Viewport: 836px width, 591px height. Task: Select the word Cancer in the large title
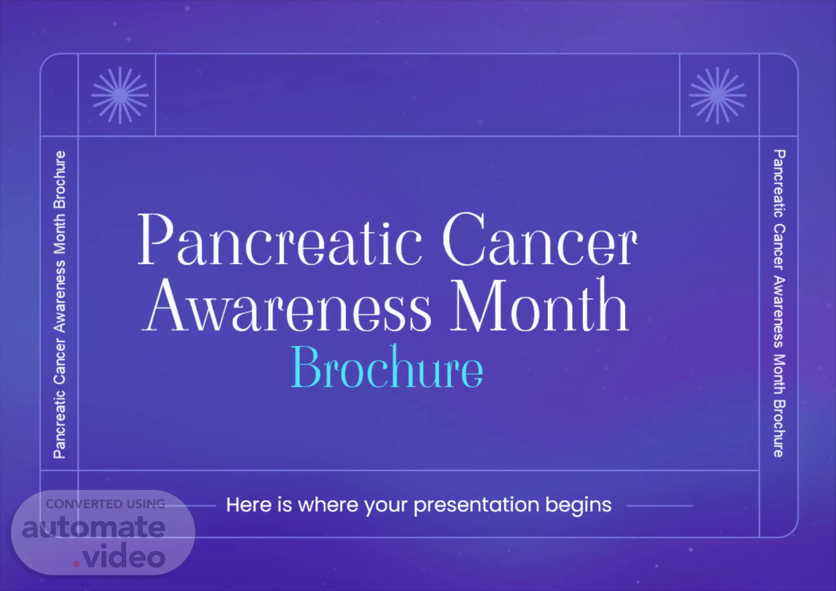pos(539,239)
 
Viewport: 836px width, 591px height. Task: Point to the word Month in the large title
pos(539,305)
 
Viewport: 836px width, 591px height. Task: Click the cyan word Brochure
pos(387,367)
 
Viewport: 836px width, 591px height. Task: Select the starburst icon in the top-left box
pos(120,95)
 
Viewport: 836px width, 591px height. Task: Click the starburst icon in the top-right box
pos(717,95)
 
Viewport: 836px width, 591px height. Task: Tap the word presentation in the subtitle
pos(477,506)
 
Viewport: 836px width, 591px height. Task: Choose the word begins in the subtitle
pos(578,506)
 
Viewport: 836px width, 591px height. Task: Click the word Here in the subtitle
pos(248,505)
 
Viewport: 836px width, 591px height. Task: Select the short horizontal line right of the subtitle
pos(659,506)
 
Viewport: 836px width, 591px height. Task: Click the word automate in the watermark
pos(94,527)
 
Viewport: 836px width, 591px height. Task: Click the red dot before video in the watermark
pos(76,564)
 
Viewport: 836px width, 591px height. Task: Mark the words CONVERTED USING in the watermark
pos(105,504)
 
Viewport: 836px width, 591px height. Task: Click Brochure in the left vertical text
pos(60,180)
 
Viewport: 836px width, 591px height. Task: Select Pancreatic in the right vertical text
pos(780,184)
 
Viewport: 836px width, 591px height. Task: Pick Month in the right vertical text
pos(780,374)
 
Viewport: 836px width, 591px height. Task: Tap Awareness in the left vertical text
pos(60,296)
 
